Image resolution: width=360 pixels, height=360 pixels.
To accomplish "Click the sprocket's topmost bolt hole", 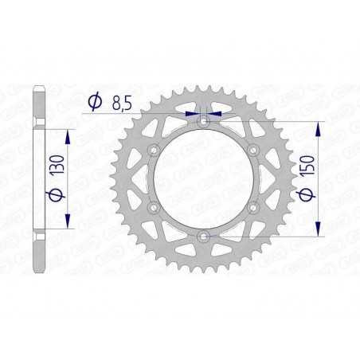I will [204, 122].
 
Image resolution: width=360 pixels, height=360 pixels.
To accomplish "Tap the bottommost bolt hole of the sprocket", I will [204, 237].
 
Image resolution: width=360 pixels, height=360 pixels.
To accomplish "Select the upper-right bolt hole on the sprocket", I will [254, 151].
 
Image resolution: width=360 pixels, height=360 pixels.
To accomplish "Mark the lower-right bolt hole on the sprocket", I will [254, 208].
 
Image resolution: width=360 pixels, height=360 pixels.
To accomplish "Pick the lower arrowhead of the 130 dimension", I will [67, 222].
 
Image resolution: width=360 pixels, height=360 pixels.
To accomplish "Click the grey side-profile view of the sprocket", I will [38, 179].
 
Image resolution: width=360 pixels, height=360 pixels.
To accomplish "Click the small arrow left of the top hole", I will [191, 115].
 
